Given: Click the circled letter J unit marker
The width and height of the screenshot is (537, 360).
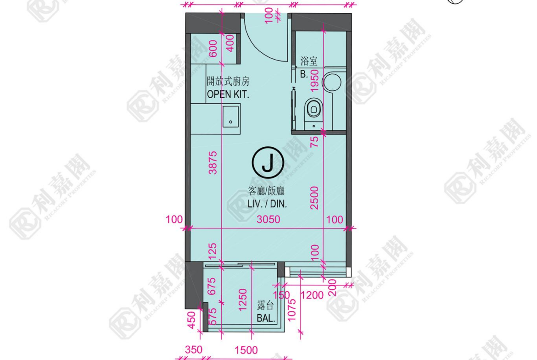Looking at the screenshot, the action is coord(268,162).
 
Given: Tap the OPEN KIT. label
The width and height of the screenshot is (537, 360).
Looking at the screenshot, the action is coord(228,94).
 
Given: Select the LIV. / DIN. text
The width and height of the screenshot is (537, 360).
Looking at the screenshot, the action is coord(267,204).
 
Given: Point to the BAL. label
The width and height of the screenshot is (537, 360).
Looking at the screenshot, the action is coord(266,318).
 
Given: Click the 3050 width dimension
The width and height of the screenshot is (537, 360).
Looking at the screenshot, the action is coord(268,219).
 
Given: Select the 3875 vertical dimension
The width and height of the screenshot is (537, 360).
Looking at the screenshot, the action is coord(213,163).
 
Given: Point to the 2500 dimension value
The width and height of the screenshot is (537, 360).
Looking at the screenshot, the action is coord(314,198).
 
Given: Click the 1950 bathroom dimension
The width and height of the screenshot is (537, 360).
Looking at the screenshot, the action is coord(314,80).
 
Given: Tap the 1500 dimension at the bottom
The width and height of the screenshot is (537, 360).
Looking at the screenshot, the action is coord(246,350).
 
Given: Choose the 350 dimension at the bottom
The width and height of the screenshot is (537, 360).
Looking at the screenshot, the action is coord(194,350).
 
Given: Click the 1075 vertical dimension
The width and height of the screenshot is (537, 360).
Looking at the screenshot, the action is coord(291,310).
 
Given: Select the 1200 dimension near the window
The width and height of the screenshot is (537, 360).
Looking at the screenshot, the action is coord(312,295).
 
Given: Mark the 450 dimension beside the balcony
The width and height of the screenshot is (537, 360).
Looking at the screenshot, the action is coord(192,320).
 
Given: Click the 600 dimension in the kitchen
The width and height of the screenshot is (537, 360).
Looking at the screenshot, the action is coord(213,49).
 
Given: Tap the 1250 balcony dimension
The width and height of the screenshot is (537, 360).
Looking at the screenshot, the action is coord(242,300).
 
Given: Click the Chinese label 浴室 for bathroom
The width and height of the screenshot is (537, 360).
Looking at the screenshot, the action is coord(309,61).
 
